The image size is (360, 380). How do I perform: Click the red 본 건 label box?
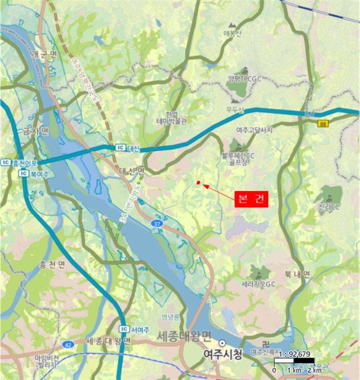pos(252,199)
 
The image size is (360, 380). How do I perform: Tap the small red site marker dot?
pos(199,182)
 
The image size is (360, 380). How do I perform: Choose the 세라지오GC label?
pos(259,284)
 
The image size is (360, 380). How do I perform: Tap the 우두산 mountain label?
pos(236,110)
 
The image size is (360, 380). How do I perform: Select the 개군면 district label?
pos(44,54)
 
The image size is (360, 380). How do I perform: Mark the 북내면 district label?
pos(296,275)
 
